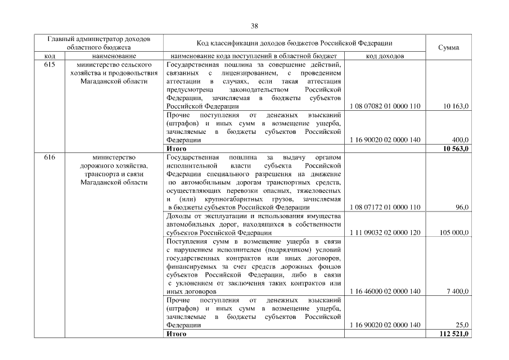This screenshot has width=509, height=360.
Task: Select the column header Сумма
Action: click(x=448, y=47)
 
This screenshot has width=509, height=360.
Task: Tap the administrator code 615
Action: click(x=49, y=65)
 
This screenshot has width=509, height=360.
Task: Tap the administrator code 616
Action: click(x=49, y=157)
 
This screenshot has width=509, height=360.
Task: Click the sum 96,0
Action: click(x=462, y=208)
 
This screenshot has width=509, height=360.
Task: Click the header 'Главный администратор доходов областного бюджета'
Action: click(x=99, y=43)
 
